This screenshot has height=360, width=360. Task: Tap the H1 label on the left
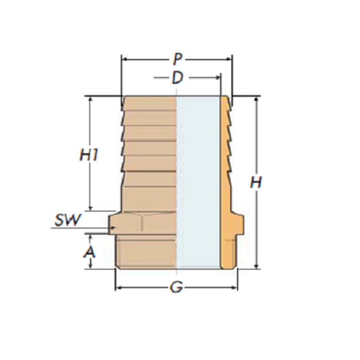pyautogui.click(x=89, y=155)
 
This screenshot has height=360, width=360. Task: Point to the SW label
pyautogui.click(x=68, y=221)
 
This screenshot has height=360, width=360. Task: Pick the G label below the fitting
pyautogui.click(x=176, y=287)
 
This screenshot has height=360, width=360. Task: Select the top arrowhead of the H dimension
pyautogui.click(x=256, y=99)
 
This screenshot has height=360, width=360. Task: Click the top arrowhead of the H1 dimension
pyautogui.click(x=91, y=99)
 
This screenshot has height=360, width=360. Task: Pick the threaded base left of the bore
pyautogui.click(x=147, y=252)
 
